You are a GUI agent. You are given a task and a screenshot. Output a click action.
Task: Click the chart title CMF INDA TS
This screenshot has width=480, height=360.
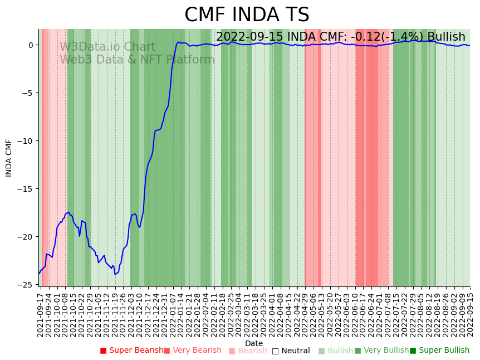247,15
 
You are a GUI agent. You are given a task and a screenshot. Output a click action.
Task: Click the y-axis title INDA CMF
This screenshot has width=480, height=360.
9,158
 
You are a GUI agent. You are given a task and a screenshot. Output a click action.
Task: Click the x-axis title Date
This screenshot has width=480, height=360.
254,343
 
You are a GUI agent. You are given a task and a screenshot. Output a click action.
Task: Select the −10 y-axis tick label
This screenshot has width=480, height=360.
26,140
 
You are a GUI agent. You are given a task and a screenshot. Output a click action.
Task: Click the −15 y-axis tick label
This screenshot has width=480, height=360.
26,188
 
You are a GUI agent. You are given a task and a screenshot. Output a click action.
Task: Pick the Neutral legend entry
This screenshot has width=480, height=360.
291,351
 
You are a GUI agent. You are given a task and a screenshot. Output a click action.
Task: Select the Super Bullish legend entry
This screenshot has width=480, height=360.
439,351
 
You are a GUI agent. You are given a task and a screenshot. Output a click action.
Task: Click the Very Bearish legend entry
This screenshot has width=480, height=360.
193,351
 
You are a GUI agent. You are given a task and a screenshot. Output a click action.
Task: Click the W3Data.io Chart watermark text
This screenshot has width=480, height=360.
107,47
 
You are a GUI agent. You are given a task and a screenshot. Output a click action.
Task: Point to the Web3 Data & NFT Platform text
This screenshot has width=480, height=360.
137,60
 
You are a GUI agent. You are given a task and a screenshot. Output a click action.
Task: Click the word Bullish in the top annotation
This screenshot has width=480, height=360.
446,37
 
